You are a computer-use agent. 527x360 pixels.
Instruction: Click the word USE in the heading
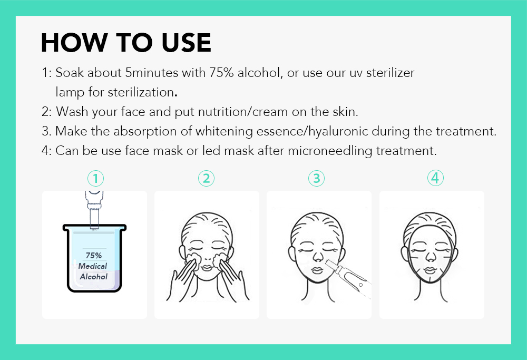pos(186,43)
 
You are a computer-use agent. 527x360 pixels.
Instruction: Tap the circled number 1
pos(95,179)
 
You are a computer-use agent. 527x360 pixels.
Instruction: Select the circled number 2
pos(206,179)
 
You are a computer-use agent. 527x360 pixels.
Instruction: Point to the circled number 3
pos(316,179)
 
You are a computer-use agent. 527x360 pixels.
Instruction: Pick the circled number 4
pos(435,178)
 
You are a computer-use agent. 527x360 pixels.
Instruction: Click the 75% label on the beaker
pos(94,256)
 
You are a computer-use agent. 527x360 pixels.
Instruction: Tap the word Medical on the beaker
pos(93,266)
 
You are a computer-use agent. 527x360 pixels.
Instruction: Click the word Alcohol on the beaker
pos(94,277)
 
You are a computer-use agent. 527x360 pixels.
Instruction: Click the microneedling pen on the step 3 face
pos(348,278)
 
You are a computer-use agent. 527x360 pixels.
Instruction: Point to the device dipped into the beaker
pos(94,210)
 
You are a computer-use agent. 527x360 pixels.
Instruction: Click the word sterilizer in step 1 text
pos(390,73)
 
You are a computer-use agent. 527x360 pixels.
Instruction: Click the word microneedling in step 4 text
pos(330,151)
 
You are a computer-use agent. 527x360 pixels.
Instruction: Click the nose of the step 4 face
pos(430,257)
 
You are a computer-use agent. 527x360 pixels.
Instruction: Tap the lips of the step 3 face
pos(317,270)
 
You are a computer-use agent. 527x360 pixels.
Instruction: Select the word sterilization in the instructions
pos(141,92)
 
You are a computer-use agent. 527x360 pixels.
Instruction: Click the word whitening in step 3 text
pos(224,131)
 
